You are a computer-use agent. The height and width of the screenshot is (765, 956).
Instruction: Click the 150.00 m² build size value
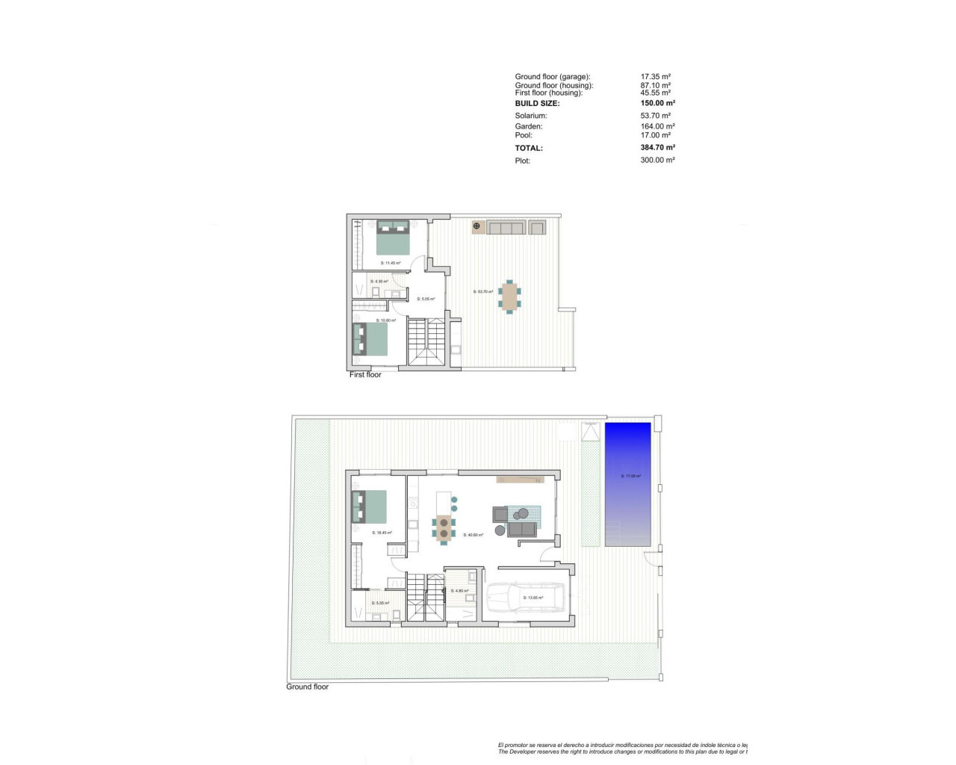657,103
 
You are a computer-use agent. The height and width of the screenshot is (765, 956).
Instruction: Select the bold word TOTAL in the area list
529,148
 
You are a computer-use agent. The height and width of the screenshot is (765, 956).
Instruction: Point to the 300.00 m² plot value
657,160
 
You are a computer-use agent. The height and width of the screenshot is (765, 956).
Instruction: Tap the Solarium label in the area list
531,116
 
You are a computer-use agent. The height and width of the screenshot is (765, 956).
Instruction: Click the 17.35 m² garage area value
655,76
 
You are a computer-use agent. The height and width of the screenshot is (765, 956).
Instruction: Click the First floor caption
365,374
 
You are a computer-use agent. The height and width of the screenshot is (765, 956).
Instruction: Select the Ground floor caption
307,687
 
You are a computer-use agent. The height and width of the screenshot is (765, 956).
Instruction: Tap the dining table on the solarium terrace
510,296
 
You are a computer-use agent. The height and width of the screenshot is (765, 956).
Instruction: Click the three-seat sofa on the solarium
505,228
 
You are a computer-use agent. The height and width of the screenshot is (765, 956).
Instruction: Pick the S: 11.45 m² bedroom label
391,263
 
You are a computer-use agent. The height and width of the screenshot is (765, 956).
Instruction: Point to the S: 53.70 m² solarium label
483,291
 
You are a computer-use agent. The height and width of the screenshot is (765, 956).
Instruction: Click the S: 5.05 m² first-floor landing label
426,299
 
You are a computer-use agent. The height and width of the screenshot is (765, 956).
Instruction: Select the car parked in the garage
515,598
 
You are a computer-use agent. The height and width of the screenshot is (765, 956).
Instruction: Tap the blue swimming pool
627,484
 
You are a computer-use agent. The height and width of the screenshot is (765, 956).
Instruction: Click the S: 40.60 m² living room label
473,535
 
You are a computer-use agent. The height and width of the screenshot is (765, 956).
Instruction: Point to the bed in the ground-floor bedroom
370,506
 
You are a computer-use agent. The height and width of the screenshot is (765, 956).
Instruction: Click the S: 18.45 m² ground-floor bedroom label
382,533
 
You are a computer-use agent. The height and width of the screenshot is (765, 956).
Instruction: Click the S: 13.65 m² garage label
533,598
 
